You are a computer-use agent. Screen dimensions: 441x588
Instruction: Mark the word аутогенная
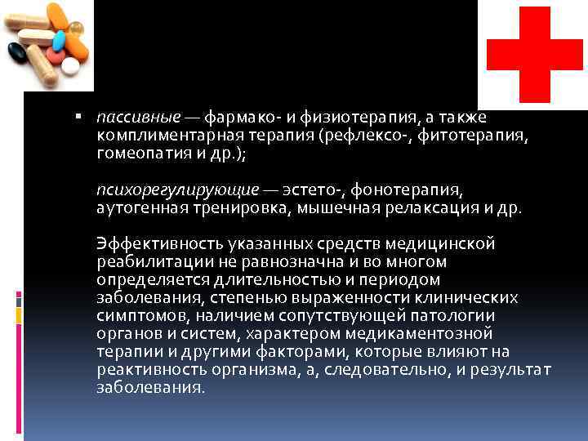coord(135,207)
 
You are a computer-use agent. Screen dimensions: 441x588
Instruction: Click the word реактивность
coord(145,369)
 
